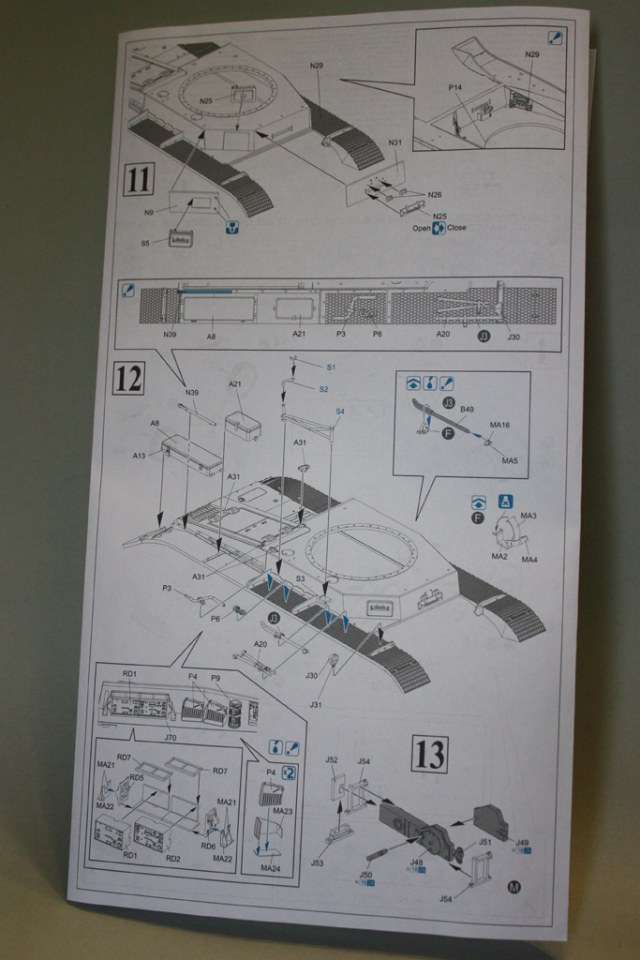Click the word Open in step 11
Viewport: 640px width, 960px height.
(422, 227)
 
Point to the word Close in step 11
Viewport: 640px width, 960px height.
(456, 227)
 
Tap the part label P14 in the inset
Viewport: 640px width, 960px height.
(455, 87)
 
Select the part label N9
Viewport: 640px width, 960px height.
(148, 211)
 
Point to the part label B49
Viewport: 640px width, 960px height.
(466, 409)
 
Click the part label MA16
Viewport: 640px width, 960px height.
(500, 425)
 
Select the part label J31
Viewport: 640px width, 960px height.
(317, 706)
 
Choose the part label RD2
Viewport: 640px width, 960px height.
(172, 856)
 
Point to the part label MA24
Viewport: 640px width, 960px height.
(270, 868)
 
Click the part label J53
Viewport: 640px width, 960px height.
(317, 862)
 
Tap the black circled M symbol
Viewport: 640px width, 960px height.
(514, 886)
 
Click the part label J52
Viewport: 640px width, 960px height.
(331, 760)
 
